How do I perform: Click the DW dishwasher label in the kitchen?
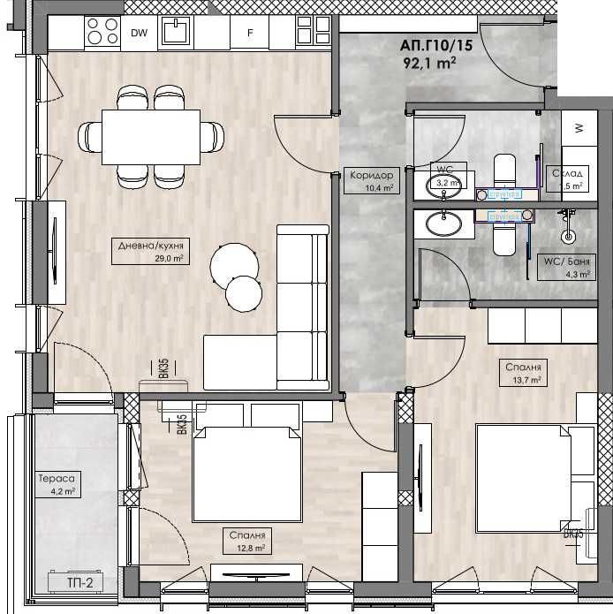139,34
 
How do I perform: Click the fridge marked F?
251,34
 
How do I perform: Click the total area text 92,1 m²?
428,62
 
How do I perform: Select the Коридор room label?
369,175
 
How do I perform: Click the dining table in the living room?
151,136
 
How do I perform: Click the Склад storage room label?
566,173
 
